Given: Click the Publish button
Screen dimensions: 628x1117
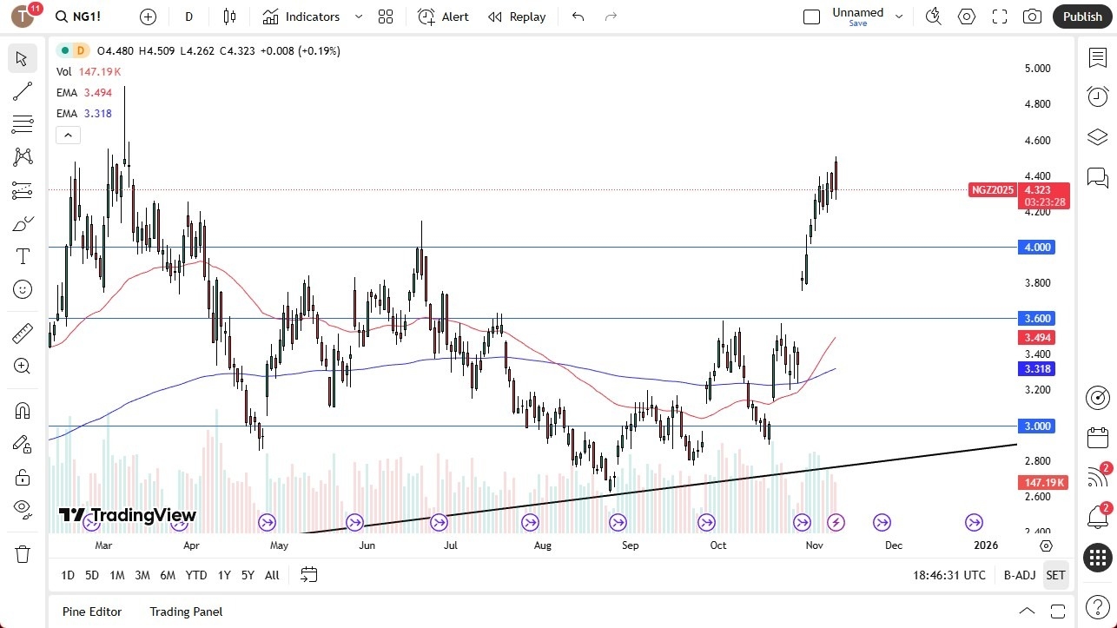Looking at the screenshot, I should pos(1081,17).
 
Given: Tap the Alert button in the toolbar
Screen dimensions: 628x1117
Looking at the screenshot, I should pos(443,17).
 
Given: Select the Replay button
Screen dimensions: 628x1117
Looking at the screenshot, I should pos(517,17).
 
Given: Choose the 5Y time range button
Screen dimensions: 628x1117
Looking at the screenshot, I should pos(248,575).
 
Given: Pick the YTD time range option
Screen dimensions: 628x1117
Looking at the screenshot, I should pos(196,575).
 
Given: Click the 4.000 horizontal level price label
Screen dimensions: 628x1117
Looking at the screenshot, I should pos(1038,248).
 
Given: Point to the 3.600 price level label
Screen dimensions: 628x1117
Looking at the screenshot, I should pos(1038,319).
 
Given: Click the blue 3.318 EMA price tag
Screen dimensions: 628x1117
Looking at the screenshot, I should pos(1038,369).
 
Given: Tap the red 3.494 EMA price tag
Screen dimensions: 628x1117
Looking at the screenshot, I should pos(1038,337).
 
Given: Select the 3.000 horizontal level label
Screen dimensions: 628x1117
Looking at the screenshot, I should pos(1038,426).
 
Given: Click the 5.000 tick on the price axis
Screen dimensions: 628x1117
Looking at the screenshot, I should pos(1037,68).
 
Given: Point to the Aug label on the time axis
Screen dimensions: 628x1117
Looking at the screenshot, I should pos(542,545).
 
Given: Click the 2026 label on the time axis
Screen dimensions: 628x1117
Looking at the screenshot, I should pos(986,545).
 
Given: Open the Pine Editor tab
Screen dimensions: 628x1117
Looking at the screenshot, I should pos(92,611).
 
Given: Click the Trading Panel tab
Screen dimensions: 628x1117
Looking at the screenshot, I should pos(186,611).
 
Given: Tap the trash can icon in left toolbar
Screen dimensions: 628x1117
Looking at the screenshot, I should pos(23,554).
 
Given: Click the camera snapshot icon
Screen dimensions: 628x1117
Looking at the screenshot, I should pos(1032,17).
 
